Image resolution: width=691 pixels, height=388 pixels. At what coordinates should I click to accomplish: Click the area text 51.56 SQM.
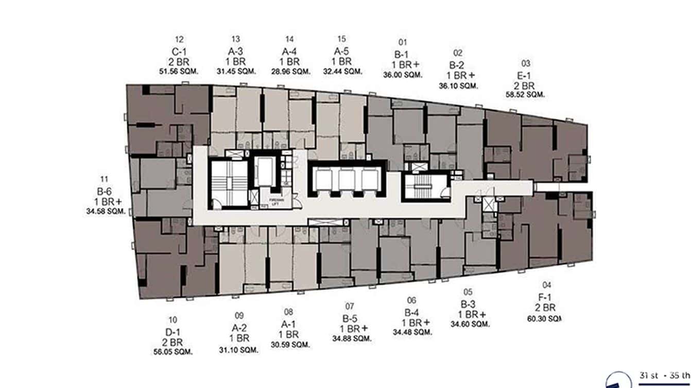[x=179, y=71]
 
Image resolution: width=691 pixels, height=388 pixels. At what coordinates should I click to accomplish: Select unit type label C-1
[x=179, y=51]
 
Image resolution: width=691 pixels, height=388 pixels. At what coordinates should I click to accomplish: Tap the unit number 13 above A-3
[x=236, y=39]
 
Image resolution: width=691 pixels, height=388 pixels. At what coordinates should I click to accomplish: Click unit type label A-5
[x=342, y=51]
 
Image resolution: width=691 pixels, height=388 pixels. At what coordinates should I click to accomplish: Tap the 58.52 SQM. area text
[x=525, y=95]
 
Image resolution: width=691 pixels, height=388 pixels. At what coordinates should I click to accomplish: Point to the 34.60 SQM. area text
[x=470, y=324]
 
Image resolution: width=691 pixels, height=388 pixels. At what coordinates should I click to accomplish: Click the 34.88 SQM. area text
[x=352, y=338]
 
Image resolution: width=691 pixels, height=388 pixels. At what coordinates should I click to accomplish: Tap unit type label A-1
[x=288, y=324]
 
